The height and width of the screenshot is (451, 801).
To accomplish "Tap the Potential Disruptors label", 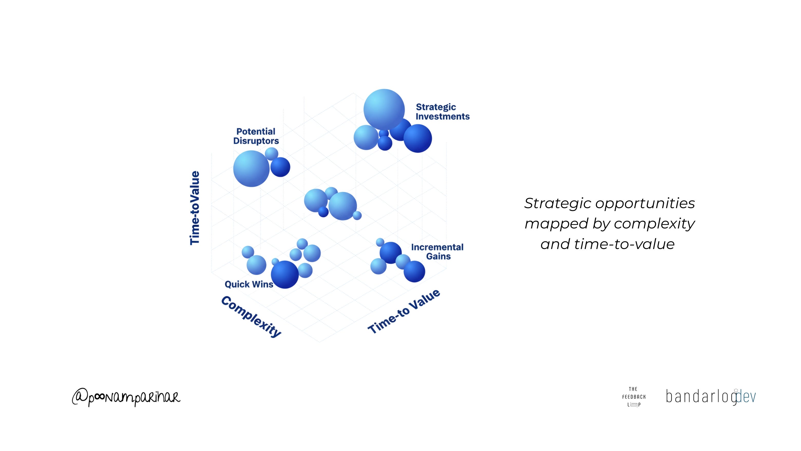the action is (x=256, y=136).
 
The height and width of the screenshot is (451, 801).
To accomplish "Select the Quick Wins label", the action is (x=249, y=284).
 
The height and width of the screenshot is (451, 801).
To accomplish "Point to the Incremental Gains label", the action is (x=437, y=252).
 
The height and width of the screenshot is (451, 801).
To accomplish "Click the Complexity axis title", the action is (x=251, y=317).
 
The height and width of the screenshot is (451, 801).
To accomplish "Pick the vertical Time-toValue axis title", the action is (x=195, y=208).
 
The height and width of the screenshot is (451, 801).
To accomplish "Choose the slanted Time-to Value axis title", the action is (x=404, y=311).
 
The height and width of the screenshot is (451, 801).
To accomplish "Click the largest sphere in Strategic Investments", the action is (x=384, y=109).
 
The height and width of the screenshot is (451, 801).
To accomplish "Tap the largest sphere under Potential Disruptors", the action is (x=251, y=169).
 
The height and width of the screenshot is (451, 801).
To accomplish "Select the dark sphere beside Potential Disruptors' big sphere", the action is (x=280, y=167).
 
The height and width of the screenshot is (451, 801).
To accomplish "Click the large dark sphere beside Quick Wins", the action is (x=284, y=274).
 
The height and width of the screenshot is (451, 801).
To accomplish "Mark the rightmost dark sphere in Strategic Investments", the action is (x=418, y=139).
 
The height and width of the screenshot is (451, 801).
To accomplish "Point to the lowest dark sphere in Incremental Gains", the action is (x=414, y=271).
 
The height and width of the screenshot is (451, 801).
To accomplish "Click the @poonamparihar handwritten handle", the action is (x=126, y=398).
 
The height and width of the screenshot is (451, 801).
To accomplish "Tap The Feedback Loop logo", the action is (x=634, y=397).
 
